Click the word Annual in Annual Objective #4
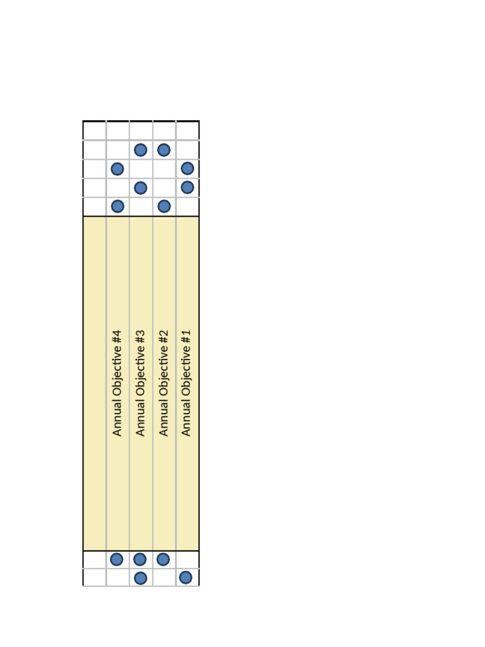coord(117,420)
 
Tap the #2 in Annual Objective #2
coord(164,336)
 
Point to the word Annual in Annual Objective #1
coord(186,420)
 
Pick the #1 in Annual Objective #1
coord(186,336)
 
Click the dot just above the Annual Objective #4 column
coord(117,206)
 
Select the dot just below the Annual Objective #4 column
coord(117,559)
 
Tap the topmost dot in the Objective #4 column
coord(117,169)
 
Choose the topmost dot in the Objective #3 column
coord(141,150)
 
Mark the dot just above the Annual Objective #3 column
coord(141,188)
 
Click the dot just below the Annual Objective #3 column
coord(140,559)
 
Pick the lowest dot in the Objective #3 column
coord(141,577)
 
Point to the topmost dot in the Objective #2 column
coord(164,150)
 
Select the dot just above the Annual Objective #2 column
coord(164,206)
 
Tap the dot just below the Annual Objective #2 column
coord(163,559)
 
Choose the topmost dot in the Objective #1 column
coord(188,169)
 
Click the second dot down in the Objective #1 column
coord(188,188)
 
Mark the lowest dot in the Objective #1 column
coord(186,577)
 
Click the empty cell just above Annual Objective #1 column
coord(188,206)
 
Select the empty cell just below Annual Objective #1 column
coord(187,559)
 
